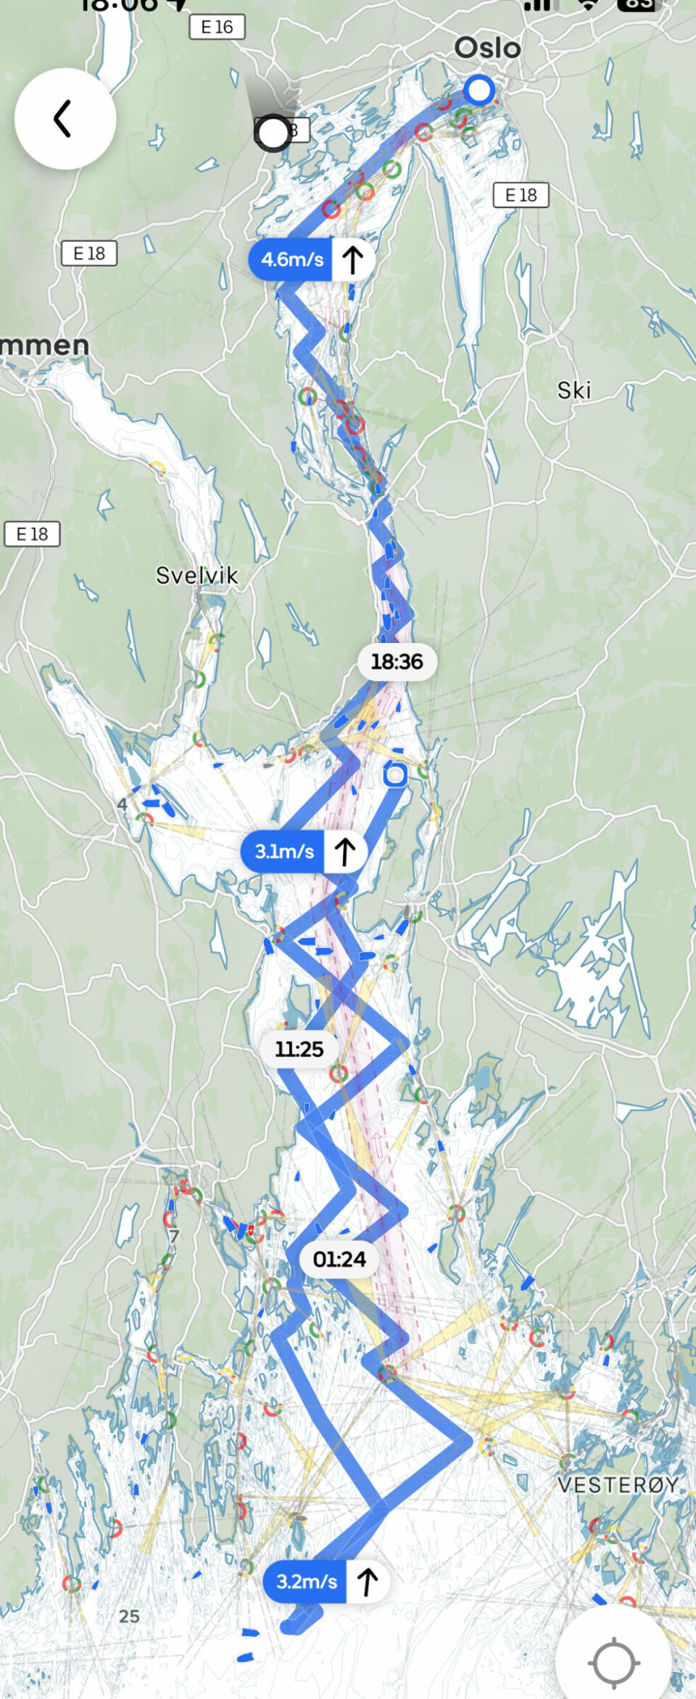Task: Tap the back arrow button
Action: pyautogui.click(x=65, y=119)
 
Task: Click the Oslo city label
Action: pyautogui.click(x=487, y=48)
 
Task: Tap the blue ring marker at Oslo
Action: pyautogui.click(x=478, y=91)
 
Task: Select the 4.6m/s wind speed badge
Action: pyautogui.click(x=291, y=259)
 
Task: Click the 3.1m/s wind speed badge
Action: pyautogui.click(x=284, y=851)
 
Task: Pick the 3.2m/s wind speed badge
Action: pyautogui.click(x=306, y=1581)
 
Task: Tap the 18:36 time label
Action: pyautogui.click(x=397, y=661)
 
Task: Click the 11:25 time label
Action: pyautogui.click(x=299, y=1048)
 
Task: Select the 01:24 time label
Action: pyautogui.click(x=339, y=1258)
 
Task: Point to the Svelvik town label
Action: pyautogui.click(x=196, y=576)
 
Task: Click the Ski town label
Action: pyautogui.click(x=573, y=391)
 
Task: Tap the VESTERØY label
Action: pyautogui.click(x=618, y=1484)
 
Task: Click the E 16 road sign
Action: pyautogui.click(x=217, y=27)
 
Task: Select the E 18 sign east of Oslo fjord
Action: pyautogui.click(x=521, y=195)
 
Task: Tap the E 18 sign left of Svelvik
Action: pyautogui.click(x=32, y=534)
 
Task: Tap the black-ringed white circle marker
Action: pyautogui.click(x=273, y=133)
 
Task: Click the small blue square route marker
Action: pyautogui.click(x=395, y=775)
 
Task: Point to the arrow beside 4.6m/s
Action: pyautogui.click(x=352, y=259)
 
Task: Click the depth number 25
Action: pyautogui.click(x=129, y=1616)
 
